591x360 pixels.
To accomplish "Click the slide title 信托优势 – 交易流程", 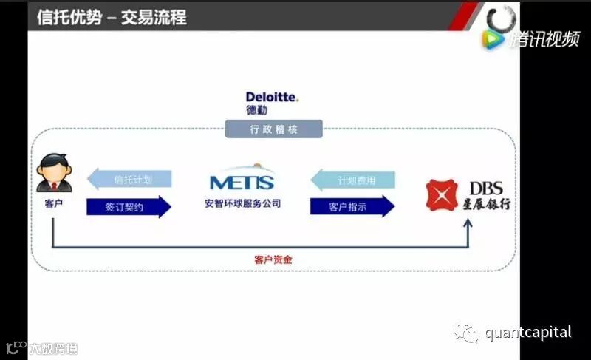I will coord(112,16).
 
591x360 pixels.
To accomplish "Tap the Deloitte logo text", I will coord(273,97).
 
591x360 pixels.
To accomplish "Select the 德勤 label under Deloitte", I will coord(257,110).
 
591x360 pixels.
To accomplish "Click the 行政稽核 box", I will coord(273,129).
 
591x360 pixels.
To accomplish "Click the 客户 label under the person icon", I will coord(54,202).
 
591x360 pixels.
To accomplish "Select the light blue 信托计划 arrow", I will coord(129,180).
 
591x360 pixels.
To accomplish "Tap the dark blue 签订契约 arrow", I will coord(129,207).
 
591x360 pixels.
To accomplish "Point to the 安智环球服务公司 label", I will coord(242,203).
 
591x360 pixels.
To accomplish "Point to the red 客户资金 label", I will coord(273,259).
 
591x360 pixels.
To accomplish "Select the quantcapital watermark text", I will coord(527,333).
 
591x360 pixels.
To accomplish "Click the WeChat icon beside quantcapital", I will coord(467,333).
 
